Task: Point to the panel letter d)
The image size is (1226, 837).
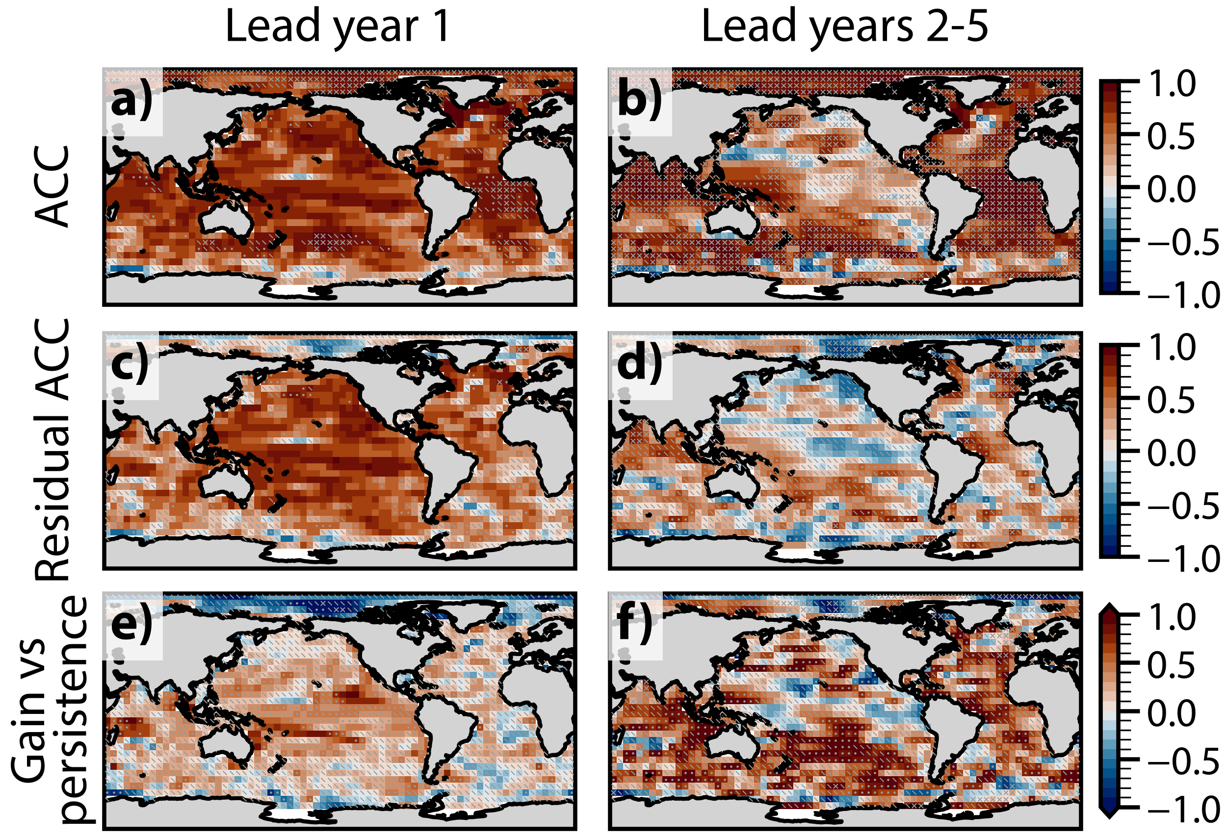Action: [x=639, y=364]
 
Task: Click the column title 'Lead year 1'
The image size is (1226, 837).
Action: [x=338, y=27]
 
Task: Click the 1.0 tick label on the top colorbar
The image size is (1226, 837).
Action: [x=1172, y=84]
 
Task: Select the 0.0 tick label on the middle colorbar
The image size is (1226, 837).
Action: [x=1172, y=454]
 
